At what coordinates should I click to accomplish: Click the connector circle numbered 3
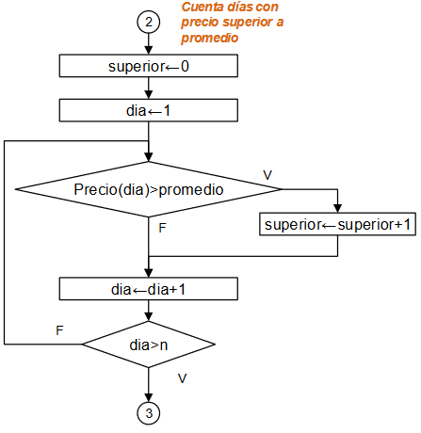tap(149, 412)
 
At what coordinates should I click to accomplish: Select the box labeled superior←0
tap(149, 67)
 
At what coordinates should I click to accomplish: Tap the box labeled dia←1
tap(149, 110)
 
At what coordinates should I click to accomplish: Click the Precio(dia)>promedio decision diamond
tap(149, 189)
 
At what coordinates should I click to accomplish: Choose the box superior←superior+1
tap(337, 225)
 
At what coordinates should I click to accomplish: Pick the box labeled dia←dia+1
tap(149, 289)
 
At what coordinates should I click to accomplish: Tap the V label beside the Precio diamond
tap(267, 175)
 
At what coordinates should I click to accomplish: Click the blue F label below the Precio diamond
tap(163, 229)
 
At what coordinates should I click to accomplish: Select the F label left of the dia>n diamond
tap(60, 330)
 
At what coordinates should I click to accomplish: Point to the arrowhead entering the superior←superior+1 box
tap(337, 210)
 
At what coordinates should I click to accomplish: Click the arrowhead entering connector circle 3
tap(149, 397)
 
